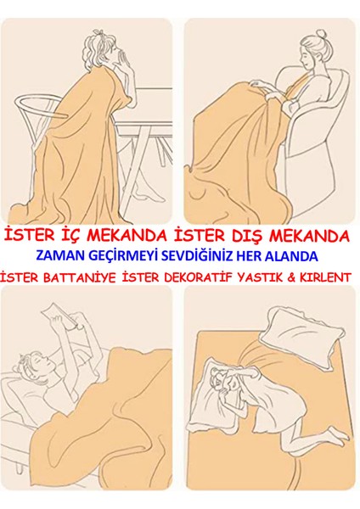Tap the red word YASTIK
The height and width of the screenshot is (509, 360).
[256, 277]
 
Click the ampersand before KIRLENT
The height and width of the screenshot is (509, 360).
[290, 277]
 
